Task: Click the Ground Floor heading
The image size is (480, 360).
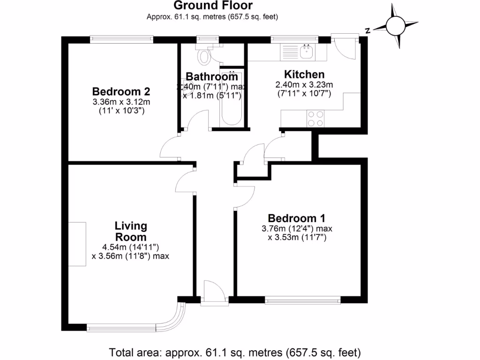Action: (213, 6)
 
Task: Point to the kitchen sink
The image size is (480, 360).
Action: (307, 52)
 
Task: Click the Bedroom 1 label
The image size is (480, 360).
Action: (296, 218)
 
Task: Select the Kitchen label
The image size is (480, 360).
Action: (304, 75)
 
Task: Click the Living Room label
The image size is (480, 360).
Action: (131, 231)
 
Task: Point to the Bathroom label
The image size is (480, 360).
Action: (212, 77)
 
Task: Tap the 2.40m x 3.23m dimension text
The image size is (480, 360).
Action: (304, 84)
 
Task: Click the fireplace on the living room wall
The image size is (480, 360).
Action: (77, 244)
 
